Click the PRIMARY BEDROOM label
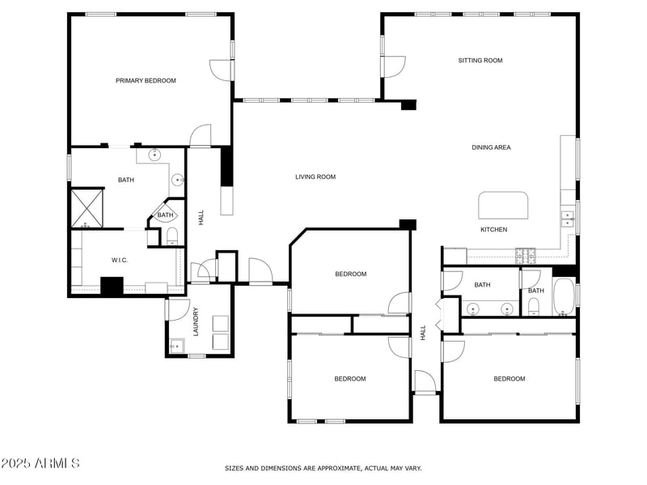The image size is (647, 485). point(146,81)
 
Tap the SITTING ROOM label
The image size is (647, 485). point(480,61)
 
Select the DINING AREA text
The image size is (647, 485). point(491,147)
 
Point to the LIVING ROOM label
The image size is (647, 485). point(315,177)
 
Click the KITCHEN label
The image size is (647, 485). point(493,230)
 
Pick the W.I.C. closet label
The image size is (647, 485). point(120,260)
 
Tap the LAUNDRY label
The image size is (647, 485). point(196,321)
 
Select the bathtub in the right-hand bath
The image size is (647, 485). point(564,297)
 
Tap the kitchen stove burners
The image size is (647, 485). point(526,255)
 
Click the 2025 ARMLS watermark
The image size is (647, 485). point(40,463)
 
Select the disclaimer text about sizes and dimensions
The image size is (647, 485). point(323,468)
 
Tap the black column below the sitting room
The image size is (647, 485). point(408,104)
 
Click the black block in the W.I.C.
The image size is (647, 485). point(111,286)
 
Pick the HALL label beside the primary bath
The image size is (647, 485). point(201,217)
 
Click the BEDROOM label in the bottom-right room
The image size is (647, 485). point(510,379)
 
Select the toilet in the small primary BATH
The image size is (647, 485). point(171,236)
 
